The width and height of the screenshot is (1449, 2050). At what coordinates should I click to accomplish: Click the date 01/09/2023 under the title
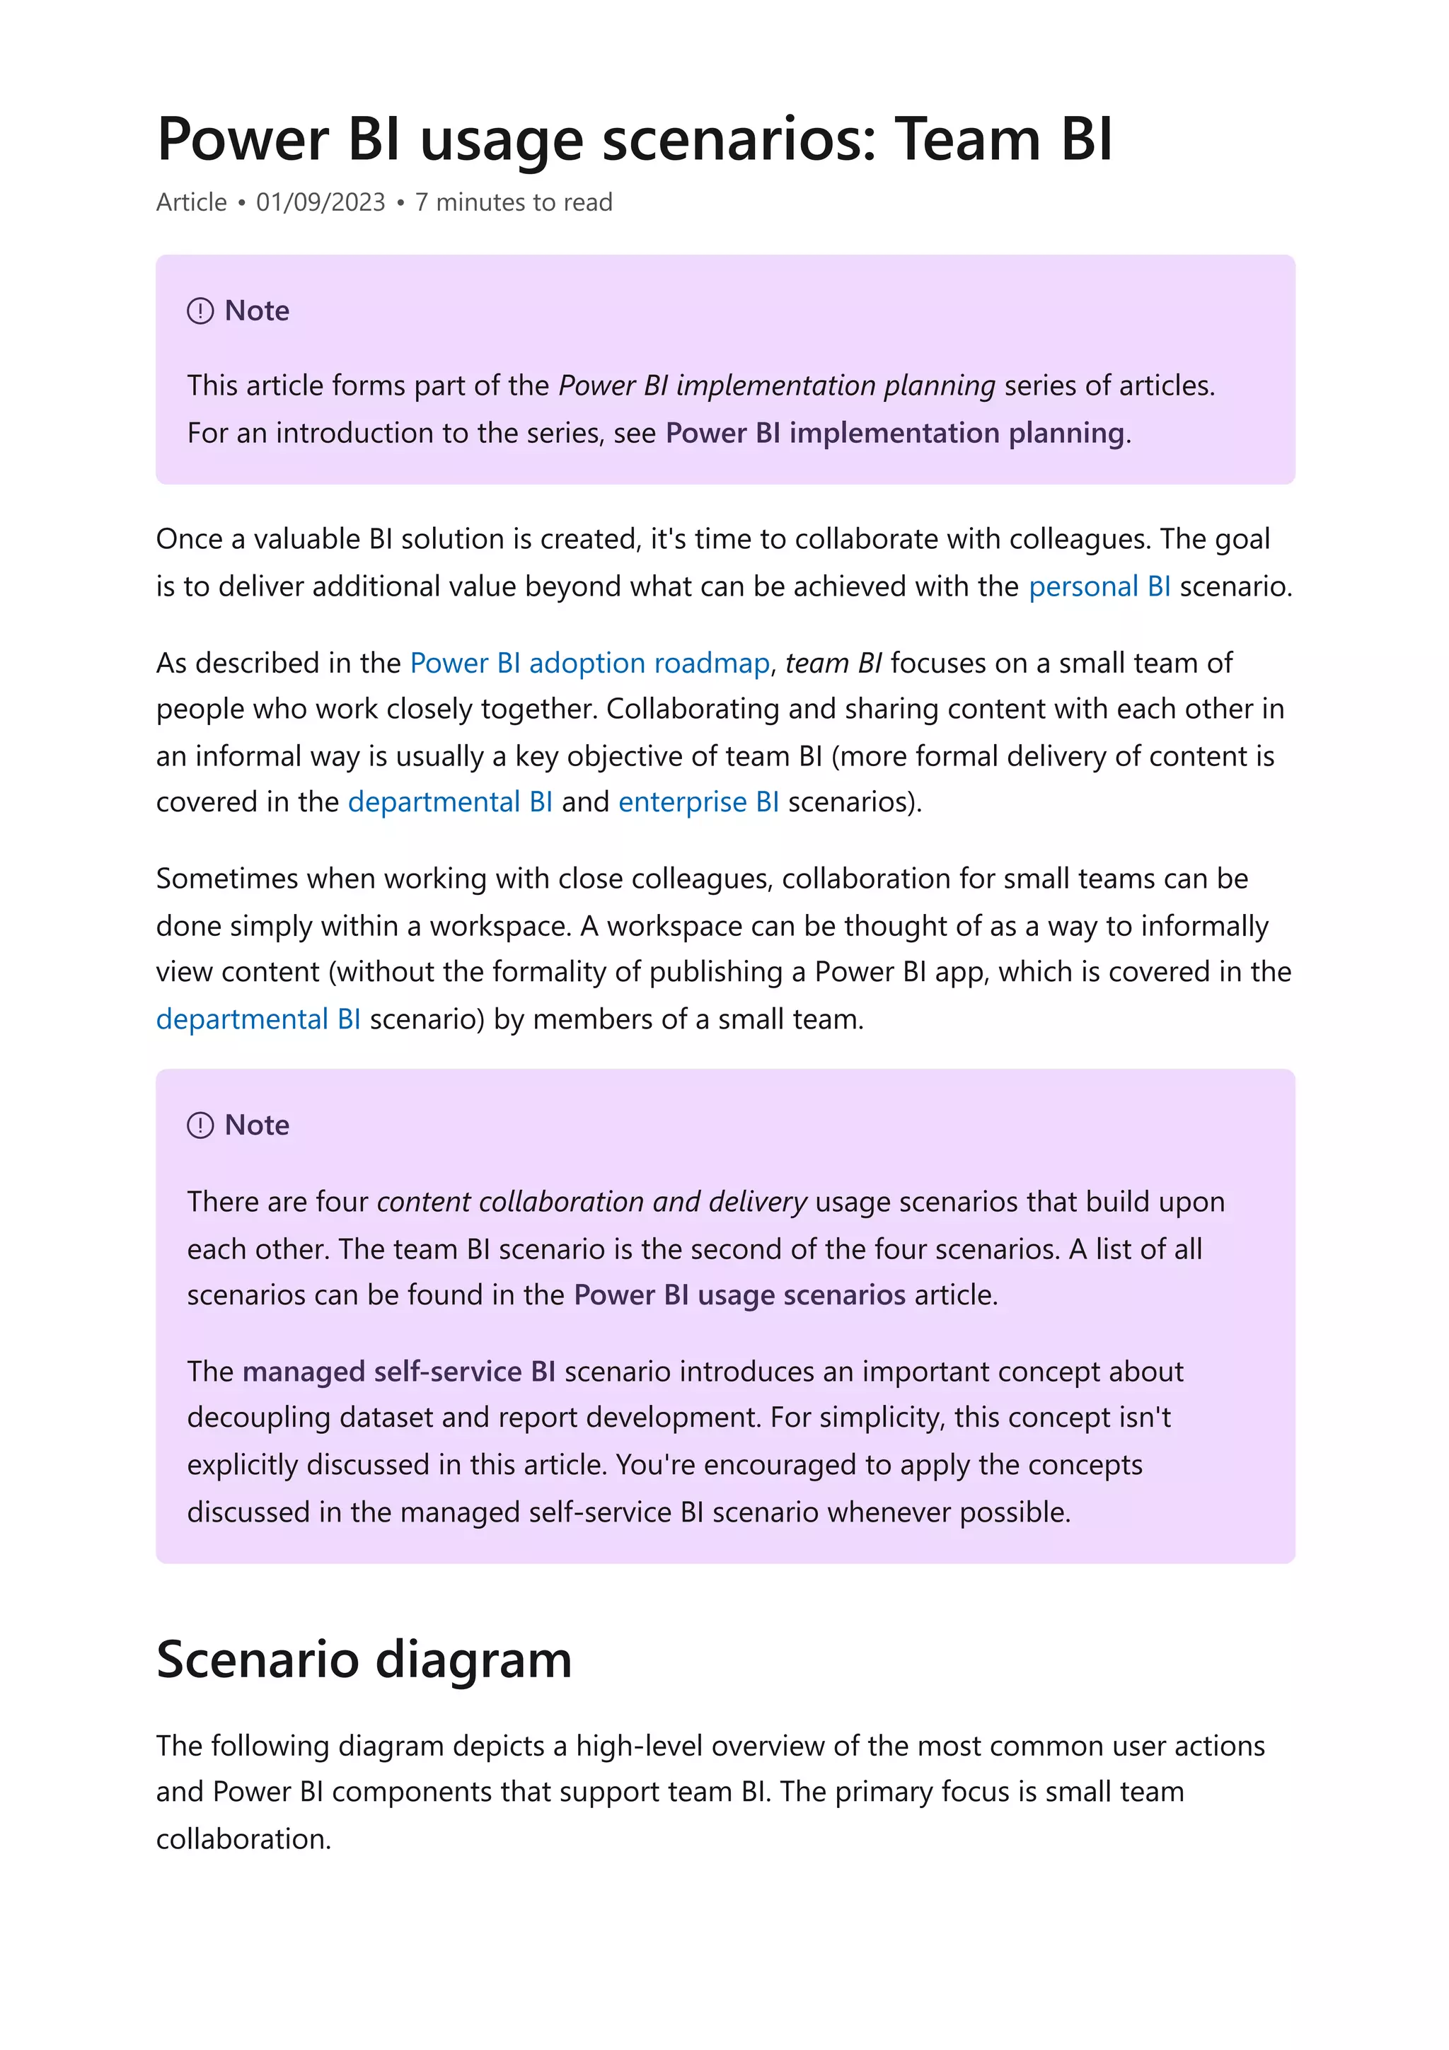click(x=320, y=203)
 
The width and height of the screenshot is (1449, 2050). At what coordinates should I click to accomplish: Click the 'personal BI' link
click(x=1099, y=586)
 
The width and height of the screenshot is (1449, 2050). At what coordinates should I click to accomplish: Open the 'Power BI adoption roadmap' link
click(x=589, y=664)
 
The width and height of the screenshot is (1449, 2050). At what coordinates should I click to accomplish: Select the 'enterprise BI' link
click(x=698, y=801)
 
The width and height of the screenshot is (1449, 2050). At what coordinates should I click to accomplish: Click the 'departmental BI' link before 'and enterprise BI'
click(x=450, y=801)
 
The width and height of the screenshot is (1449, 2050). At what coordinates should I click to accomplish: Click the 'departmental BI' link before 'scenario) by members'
click(x=258, y=1019)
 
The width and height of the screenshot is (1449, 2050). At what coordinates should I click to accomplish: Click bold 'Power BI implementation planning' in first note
click(x=894, y=433)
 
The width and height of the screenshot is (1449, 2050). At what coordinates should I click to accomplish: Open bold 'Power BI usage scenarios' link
click(x=739, y=1295)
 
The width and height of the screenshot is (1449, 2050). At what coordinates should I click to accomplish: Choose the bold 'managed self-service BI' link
click(x=398, y=1372)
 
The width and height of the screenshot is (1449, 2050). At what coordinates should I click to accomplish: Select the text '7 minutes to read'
click(x=514, y=203)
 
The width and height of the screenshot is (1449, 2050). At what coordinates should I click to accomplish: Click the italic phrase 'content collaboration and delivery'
click(x=591, y=1202)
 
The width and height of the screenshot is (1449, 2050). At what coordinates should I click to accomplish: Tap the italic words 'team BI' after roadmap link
click(x=833, y=664)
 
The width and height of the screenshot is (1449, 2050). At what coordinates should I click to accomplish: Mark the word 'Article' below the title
click(x=191, y=203)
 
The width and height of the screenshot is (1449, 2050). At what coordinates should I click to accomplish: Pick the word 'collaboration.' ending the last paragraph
click(x=243, y=1839)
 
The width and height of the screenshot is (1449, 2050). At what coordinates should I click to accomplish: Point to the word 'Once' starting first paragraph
click(x=190, y=539)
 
